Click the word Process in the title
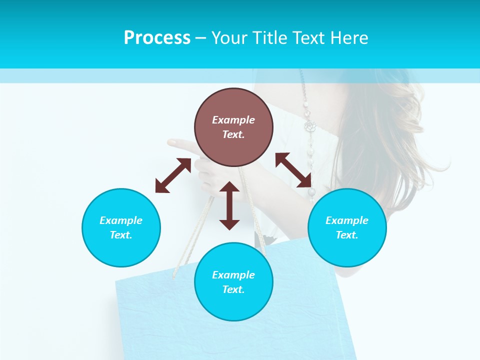[157, 38]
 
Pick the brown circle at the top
[233, 127]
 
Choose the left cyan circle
[121, 227]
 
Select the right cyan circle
[347, 227]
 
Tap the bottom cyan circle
[233, 282]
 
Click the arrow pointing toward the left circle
[173, 175]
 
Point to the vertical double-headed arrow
[229, 205]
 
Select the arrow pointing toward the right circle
[293, 170]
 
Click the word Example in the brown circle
[233, 120]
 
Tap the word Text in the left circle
[121, 235]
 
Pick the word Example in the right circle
[347, 220]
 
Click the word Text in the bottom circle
[233, 289]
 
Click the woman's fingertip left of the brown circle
[172, 142]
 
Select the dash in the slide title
[200, 38]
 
